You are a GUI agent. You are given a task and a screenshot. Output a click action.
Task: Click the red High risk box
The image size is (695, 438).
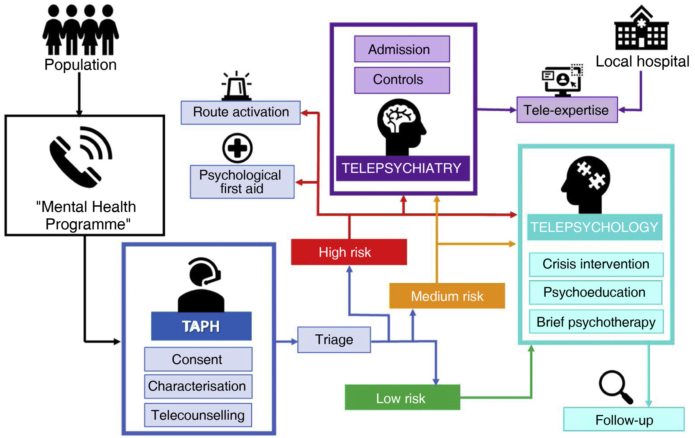pos(349,252)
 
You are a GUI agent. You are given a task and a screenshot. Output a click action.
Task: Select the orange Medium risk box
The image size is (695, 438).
pos(447,296)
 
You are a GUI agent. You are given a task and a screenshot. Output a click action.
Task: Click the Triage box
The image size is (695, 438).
pos(334,340)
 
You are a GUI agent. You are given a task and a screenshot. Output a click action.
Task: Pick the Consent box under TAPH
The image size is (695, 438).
pos(198,359)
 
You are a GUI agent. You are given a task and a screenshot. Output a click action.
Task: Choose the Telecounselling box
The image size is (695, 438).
pos(198,415)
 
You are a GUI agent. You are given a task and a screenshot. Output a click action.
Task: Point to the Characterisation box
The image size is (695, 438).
pos(198,386)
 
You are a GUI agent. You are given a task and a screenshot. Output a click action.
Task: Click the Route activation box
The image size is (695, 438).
pos(241,112)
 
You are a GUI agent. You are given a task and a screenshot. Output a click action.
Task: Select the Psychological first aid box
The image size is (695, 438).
pos(242,182)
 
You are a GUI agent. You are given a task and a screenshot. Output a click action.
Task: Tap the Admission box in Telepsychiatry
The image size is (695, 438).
pos(402,49)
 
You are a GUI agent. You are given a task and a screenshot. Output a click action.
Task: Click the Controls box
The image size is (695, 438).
pos(402,80)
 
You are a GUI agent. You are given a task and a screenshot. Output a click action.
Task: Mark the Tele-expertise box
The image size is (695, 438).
pos(567,110)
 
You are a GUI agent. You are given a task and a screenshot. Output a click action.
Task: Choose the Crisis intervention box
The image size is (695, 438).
pos(596,264)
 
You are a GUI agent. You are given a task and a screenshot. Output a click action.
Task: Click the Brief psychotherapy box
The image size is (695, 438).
pos(596,322)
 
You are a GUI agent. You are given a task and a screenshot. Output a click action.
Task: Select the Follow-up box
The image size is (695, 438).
pos(624,419)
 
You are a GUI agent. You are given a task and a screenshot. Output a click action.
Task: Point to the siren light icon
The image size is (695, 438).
pos(236,86)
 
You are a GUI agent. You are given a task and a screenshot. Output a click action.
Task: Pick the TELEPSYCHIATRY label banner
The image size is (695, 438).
pos(403,168)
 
